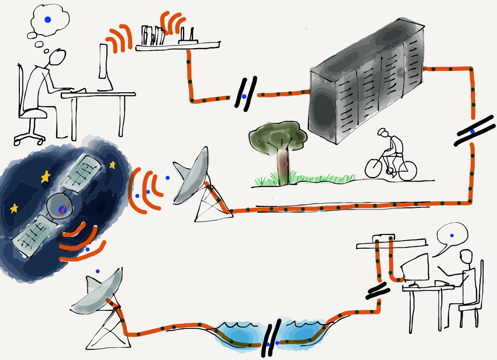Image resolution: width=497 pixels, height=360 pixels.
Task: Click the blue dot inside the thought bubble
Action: pyautogui.click(x=48, y=19)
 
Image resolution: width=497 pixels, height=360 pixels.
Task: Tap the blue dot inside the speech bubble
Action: pyautogui.click(x=452, y=235)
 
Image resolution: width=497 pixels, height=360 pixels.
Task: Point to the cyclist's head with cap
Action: pyautogui.click(x=383, y=133)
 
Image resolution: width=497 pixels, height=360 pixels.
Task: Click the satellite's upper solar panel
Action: pyautogui.click(x=82, y=172)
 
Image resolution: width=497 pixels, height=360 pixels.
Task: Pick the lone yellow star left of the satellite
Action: pyautogui.click(x=14, y=208)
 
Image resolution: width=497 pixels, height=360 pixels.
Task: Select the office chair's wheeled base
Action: pyautogui.click(x=30, y=137)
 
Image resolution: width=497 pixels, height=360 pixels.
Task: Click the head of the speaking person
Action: pyautogui.click(x=465, y=258)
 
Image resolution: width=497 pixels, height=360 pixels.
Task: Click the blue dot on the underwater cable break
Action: pyautogui.click(x=268, y=344)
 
